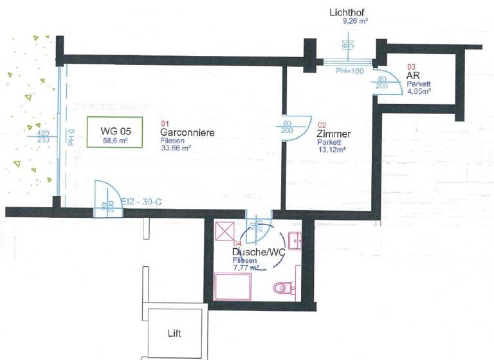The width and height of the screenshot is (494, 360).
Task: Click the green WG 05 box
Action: (115, 132)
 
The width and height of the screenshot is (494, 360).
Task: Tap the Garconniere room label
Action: (187, 132)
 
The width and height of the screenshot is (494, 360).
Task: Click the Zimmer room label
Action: (334, 134)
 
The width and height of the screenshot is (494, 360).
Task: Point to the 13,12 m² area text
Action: (332, 149)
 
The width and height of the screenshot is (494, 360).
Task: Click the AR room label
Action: (412, 75)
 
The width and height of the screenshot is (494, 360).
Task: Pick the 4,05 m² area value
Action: (419, 91)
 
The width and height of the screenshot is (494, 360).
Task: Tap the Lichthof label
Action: (347, 12)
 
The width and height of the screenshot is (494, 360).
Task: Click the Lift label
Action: (174, 333)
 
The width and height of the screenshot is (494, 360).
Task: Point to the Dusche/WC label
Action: (258, 252)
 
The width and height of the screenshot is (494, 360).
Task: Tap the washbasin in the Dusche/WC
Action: (297, 241)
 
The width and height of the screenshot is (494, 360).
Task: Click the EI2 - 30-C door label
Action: (142, 202)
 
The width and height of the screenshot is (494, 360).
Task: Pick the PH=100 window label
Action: (349, 71)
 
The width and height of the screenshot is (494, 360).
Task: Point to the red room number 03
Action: (412, 66)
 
